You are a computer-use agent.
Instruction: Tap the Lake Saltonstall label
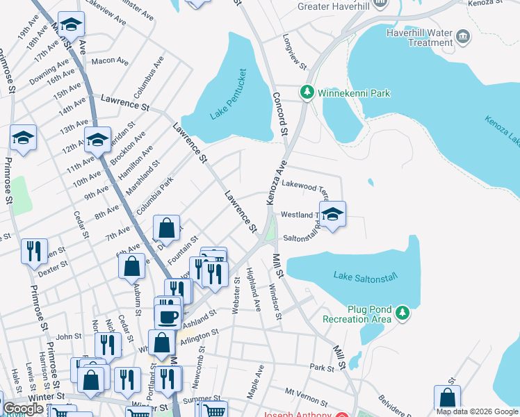[365, 276]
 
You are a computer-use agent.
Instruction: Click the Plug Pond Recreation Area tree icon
[403, 313]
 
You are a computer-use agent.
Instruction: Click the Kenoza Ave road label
[276, 183]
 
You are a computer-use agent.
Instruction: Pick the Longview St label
[295, 52]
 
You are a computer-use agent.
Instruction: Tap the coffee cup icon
[167, 317]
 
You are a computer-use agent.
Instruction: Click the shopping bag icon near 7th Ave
[167, 227]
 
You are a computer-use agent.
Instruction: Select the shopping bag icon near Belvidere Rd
[447, 398]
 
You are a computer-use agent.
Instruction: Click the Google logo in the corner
[23, 409]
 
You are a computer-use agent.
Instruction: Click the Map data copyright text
[477, 411]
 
